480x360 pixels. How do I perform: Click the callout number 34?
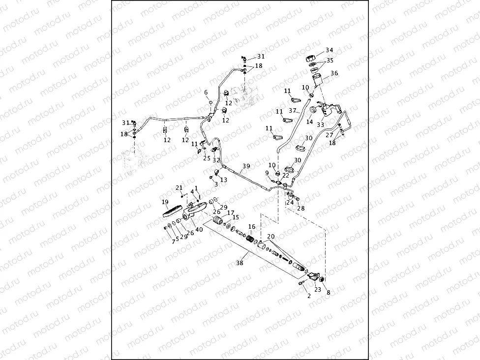(329, 50)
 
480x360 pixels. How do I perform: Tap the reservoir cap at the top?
(311, 58)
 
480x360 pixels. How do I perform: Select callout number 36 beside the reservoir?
(334, 73)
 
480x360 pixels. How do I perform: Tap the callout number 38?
(240, 263)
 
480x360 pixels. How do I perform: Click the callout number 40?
(199, 229)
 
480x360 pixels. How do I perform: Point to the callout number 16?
(252, 227)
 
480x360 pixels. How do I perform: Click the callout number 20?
(270, 237)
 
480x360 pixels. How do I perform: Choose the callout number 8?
(329, 293)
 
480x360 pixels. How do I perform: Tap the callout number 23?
(317, 290)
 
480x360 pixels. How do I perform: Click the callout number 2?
(309, 296)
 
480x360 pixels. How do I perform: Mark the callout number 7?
(173, 242)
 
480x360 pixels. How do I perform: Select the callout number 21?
(179, 188)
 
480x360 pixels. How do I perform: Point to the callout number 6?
(206, 92)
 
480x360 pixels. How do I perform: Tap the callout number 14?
(309, 121)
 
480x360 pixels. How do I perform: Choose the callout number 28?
(300, 208)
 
